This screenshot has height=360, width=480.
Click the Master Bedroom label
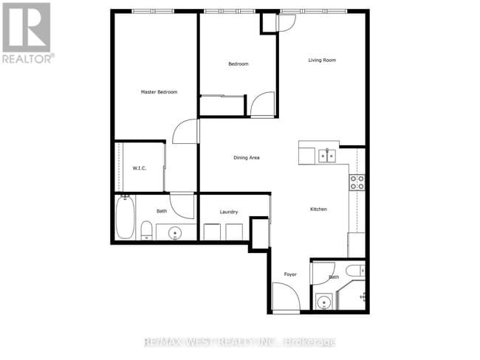159,92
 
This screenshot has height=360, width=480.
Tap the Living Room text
322,60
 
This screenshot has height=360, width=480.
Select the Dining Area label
246,158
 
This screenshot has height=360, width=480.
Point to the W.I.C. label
139,168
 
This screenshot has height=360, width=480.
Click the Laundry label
228,212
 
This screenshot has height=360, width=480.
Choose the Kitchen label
318,210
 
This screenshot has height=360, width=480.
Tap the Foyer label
290,275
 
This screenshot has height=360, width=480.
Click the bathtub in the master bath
125,218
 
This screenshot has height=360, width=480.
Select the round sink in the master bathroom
175,233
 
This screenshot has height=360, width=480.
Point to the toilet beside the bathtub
146,230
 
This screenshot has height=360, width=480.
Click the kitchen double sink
326,156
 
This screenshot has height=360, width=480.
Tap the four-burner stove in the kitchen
357,182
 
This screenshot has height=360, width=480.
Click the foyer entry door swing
286,298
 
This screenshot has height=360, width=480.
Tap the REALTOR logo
27,32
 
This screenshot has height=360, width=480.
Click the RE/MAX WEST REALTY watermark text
240,342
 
